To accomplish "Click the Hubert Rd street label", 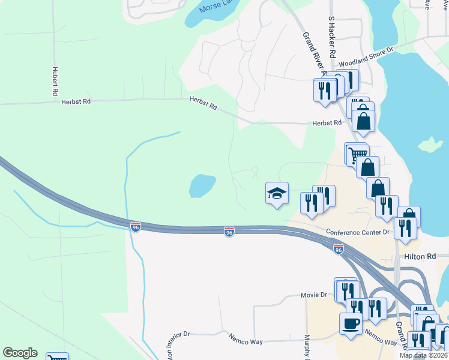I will (x=54, y=81).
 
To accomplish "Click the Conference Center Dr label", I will (x=358, y=232).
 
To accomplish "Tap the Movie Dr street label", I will (x=314, y=295).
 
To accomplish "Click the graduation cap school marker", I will (x=277, y=193).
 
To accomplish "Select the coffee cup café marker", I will (x=351, y=324).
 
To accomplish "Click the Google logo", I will (x=20, y=353).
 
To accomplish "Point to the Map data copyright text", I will (x=424, y=355).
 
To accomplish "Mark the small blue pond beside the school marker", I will (x=202, y=186).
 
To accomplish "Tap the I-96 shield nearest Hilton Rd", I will (x=339, y=249).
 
